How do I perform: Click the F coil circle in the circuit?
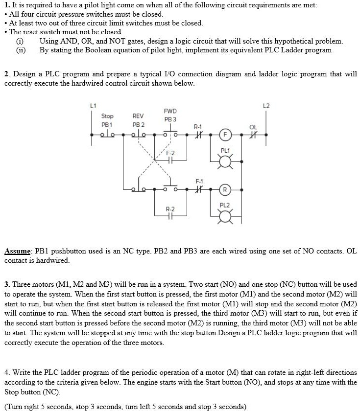(x=225, y=133)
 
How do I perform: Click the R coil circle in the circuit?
(x=225, y=189)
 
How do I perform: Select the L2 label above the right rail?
(x=266, y=105)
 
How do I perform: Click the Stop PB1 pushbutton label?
(x=107, y=120)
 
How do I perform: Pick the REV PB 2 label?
(x=139, y=120)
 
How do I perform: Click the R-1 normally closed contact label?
(x=198, y=126)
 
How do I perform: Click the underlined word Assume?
(x=18, y=251)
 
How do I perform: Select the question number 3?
(x=7, y=284)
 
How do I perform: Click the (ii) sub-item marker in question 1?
(x=21, y=50)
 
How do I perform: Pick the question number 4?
(x=7, y=373)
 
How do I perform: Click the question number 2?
(x=7, y=74)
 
